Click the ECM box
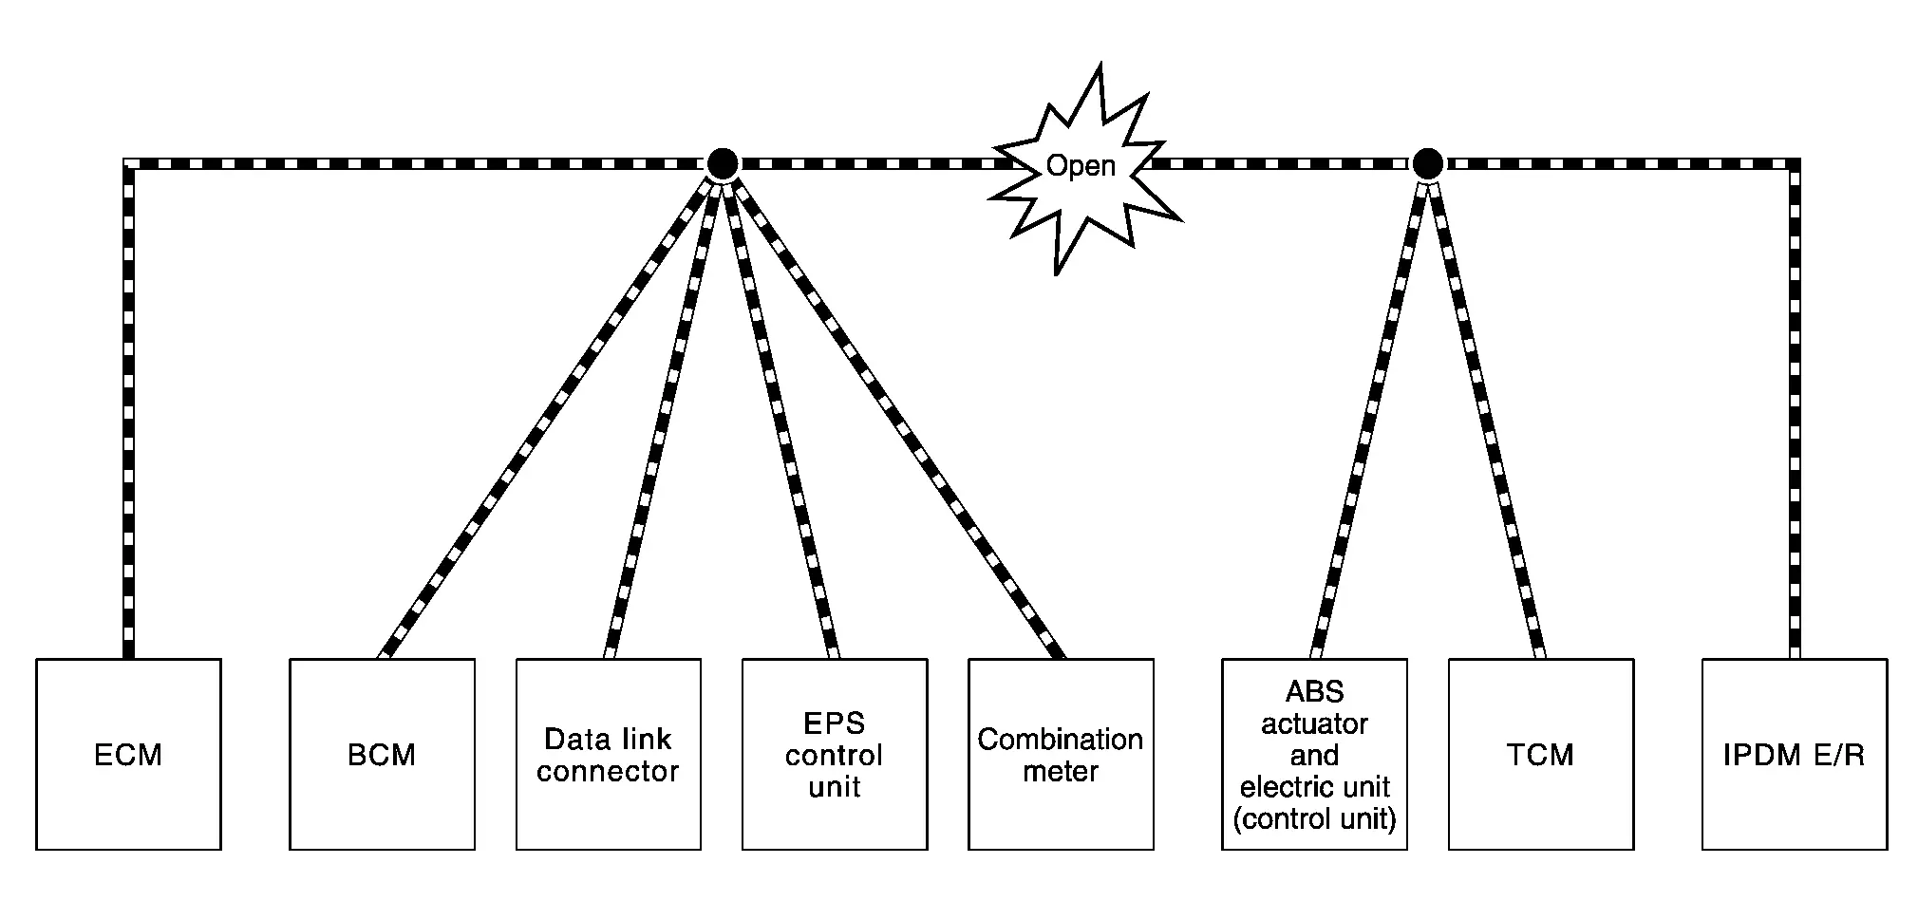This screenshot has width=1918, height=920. (128, 754)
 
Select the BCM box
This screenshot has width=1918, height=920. (382, 754)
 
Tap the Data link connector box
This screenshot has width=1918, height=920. (608, 754)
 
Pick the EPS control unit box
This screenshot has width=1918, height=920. (834, 754)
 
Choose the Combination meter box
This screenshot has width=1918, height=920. (1061, 754)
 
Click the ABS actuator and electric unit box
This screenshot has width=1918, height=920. (1314, 754)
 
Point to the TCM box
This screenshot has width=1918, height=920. (1540, 754)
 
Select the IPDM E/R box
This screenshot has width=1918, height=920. (1794, 754)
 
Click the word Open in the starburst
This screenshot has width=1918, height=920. (1081, 166)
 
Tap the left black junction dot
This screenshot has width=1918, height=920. (723, 164)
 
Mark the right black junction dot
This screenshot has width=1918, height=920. (1427, 164)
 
